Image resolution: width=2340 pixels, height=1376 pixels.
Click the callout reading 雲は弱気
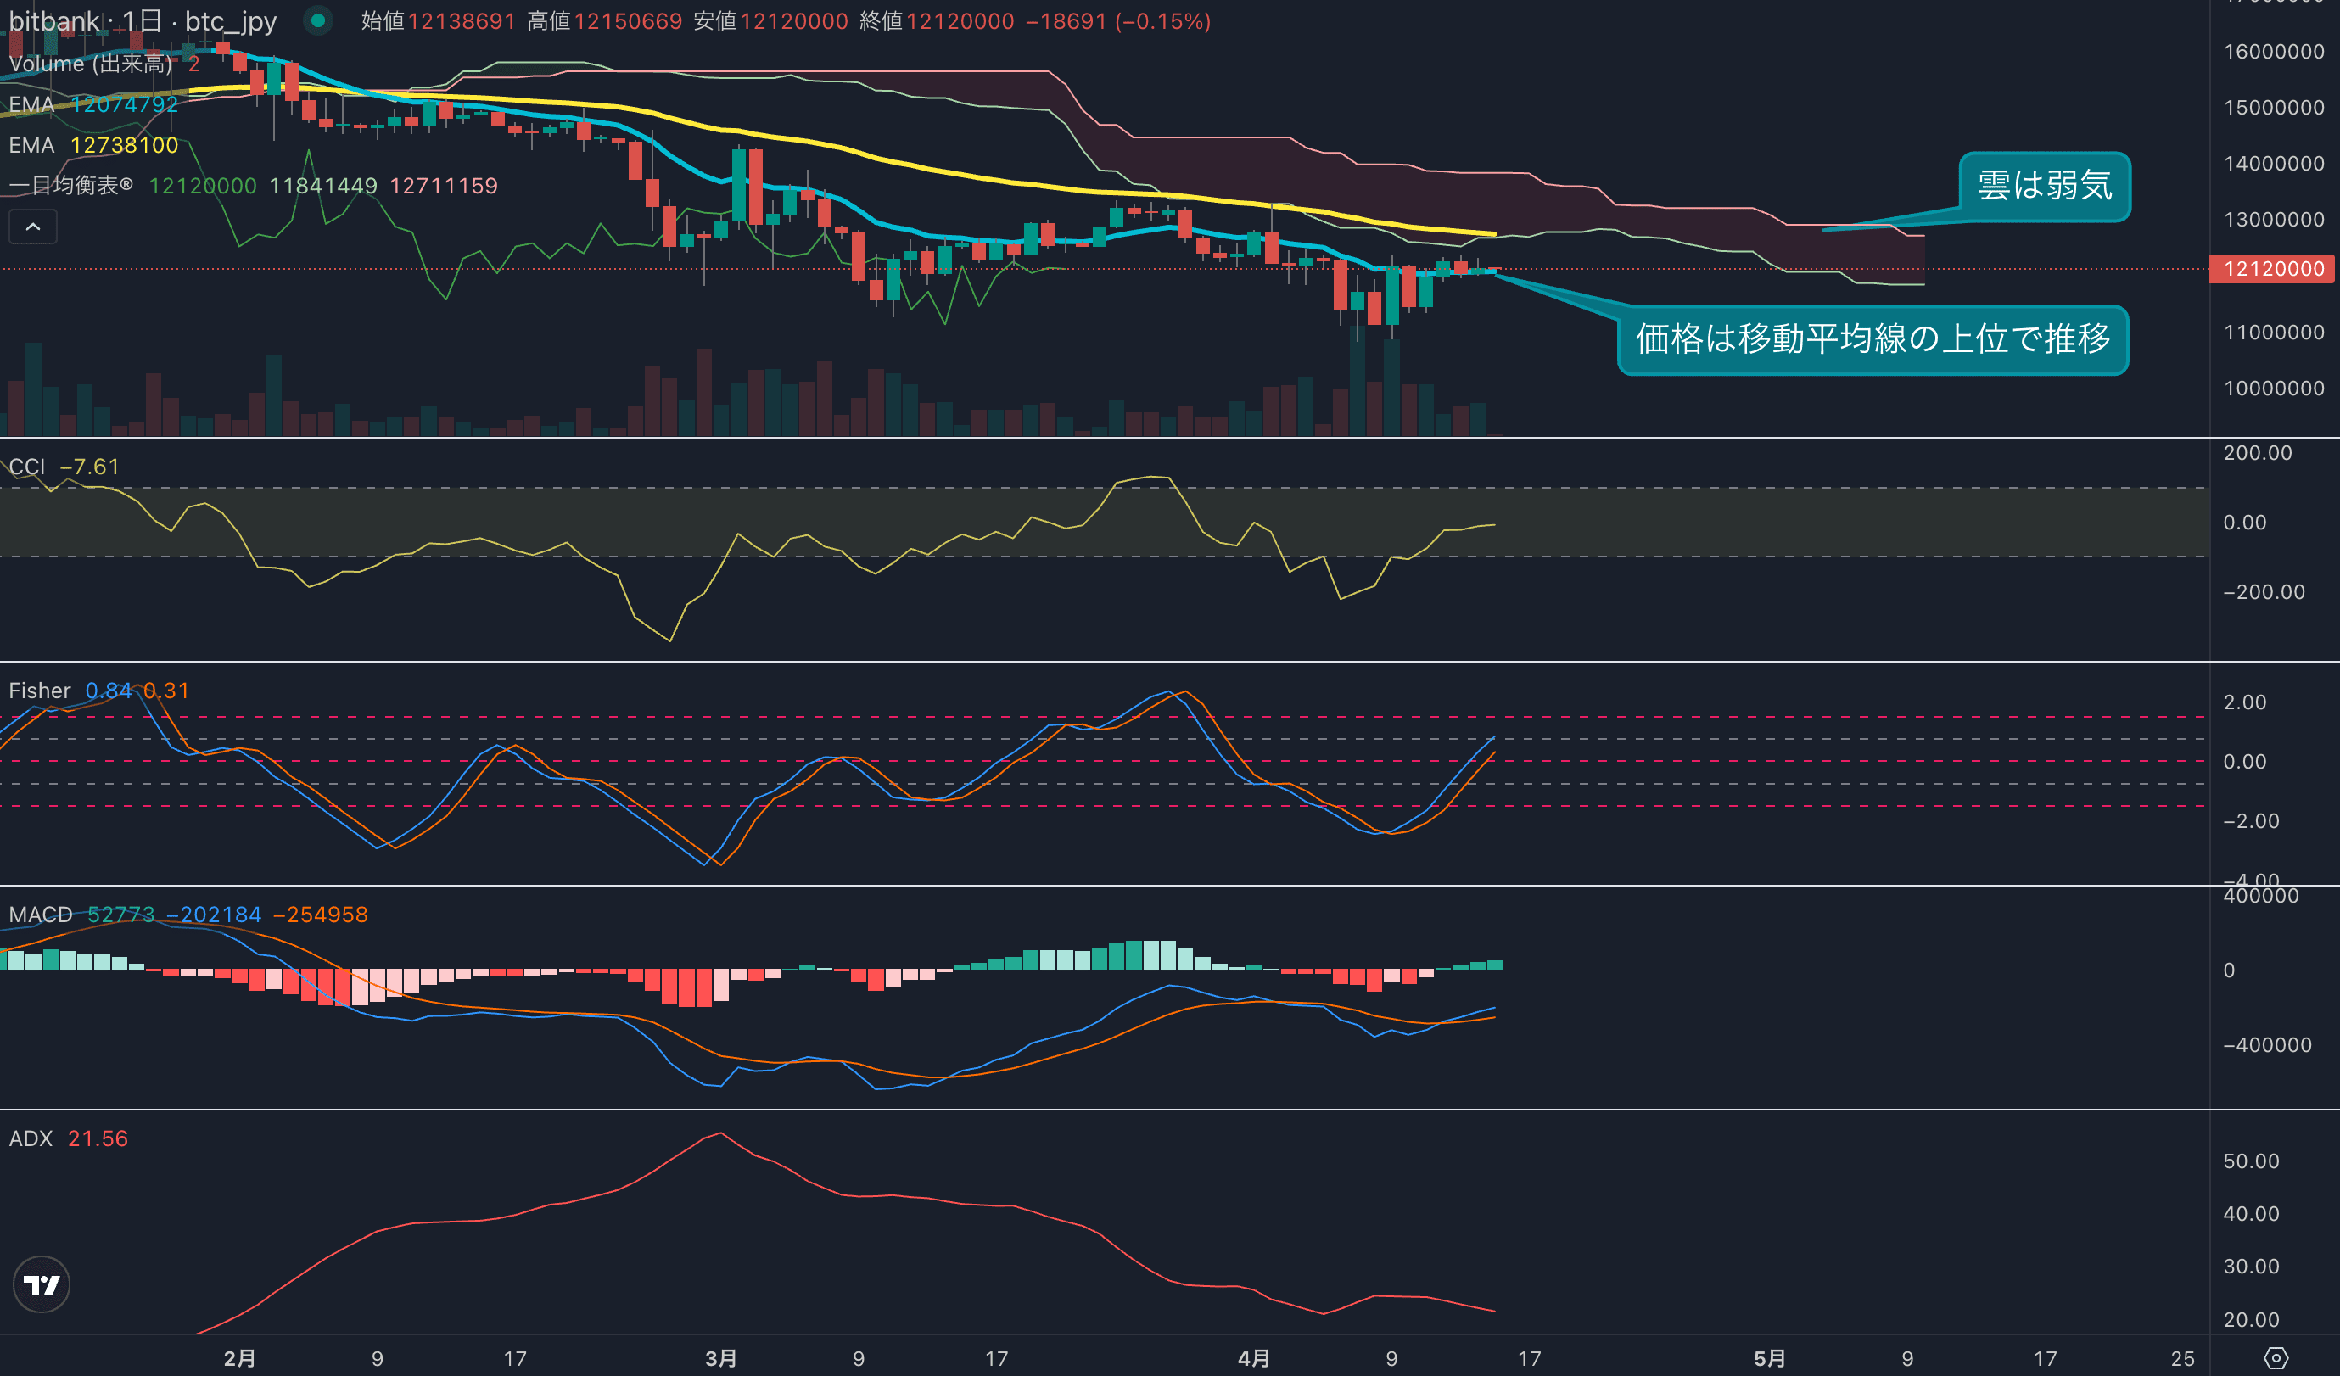coord(2044,187)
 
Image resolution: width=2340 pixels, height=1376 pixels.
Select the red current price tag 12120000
coord(2273,269)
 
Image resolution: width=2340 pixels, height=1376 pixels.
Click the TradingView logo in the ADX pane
coord(41,1284)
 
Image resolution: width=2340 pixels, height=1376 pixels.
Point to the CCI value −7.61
coord(90,467)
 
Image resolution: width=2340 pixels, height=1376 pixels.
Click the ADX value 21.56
coord(98,1138)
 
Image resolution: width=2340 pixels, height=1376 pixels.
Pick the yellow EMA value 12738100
coord(125,146)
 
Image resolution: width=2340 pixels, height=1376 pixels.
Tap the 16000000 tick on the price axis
coord(2273,52)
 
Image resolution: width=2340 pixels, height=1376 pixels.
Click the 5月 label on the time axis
coord(1770,1358)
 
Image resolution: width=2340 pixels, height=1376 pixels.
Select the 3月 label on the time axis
coord(720,1358)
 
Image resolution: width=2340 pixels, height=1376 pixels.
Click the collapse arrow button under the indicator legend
coord(32,227)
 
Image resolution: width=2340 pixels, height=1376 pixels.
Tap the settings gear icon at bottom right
coord(2276,1358)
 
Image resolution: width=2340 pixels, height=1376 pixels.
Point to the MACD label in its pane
coord(40,915)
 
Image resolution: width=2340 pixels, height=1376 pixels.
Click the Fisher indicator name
coord(39,691)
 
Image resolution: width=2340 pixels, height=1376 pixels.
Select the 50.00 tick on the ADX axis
coord(2251,1161)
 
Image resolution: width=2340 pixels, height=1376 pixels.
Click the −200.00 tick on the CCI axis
coord(2263,592)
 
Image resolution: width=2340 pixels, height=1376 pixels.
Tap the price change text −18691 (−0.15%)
coord(1117,21)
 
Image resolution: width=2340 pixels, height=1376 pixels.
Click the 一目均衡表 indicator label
coord(70,186)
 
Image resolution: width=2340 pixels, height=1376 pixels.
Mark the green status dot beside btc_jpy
coord(317,20)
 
